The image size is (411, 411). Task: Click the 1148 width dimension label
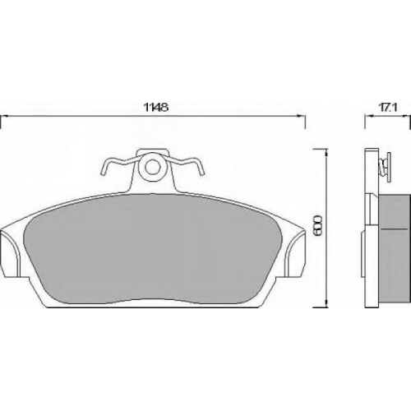(156, 107)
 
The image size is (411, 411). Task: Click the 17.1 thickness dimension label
(388, 108)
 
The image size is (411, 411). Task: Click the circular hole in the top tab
(151, 166)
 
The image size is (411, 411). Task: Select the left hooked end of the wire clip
(105, 167)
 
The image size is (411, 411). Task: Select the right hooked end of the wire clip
(199, 167)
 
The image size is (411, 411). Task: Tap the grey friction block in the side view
(394, 248)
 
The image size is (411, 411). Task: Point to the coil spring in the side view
(381, 167)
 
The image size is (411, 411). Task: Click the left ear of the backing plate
(11, 252)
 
